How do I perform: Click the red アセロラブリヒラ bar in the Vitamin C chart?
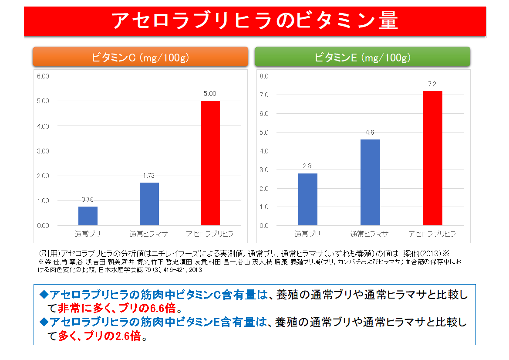(210, 163)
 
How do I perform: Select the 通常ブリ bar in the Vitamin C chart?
(88, 216)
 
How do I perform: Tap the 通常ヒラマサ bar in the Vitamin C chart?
(149, 204)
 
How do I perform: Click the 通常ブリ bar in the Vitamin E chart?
(308, 199)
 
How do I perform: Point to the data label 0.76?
(88, 200)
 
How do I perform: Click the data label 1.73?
(149, 175)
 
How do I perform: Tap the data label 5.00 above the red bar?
(210, 94)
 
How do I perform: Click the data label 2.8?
(308, 166)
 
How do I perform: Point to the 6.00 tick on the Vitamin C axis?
(44, 76)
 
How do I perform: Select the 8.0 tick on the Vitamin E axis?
(264, 76)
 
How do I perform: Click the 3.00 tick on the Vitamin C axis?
(44, 151)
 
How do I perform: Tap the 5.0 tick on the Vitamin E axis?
(264, 132)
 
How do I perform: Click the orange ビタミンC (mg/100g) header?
(140, 57)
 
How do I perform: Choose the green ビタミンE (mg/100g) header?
(362, 57)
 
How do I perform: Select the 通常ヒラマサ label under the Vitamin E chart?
(369, 234)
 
